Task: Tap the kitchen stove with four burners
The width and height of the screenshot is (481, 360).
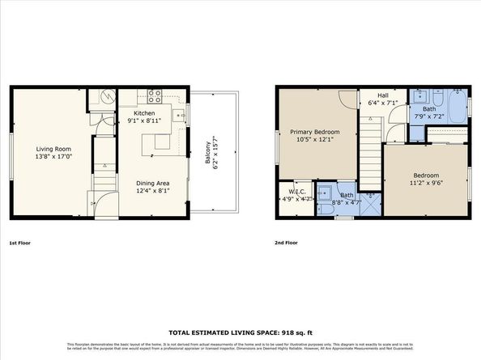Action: [155, 93]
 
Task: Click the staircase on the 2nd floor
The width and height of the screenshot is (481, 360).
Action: [370, 146]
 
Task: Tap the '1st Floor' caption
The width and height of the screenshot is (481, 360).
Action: [22, 243]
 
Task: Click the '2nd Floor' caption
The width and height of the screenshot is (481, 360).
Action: [287, 243]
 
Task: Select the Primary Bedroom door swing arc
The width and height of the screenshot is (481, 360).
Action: [347, 99]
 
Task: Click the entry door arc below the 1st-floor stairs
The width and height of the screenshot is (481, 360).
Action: [99, 206]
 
